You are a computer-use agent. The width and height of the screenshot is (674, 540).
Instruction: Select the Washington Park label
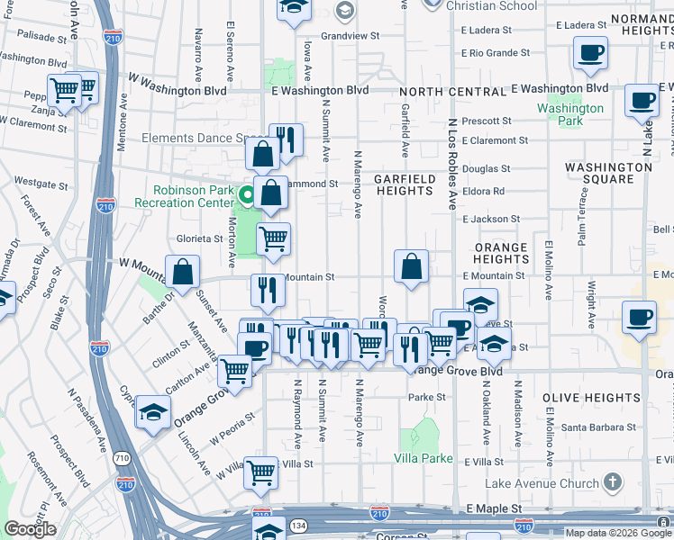coord(570,114)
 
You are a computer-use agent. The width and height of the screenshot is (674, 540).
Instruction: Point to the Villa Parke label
coord(424,458)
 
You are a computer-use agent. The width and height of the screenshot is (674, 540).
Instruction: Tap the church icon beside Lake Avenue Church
coord(614,483)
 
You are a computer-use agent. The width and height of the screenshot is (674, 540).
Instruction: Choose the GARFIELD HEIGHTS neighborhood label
coord(405,184)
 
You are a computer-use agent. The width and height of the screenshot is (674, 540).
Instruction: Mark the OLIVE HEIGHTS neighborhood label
coord(591,398)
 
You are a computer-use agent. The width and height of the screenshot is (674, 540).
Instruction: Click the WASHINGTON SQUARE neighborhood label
coord(608,173)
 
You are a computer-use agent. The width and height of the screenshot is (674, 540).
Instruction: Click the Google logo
coord(30,529)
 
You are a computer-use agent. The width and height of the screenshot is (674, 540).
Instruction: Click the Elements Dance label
coord(194,139)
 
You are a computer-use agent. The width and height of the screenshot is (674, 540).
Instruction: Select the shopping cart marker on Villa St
coord(260,471)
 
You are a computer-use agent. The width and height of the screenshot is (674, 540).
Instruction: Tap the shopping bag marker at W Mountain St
coord(182,272)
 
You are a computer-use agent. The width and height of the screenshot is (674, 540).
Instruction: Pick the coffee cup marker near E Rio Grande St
coord(590,54)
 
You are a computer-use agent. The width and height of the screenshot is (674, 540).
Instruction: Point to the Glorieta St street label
coord(199,238)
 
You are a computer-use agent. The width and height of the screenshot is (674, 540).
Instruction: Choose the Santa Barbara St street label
coord(599,428)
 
